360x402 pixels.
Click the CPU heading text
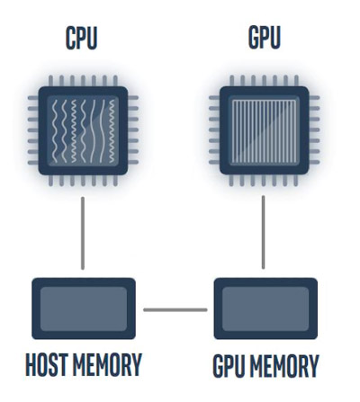[x=82, y=38]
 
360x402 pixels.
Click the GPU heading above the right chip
[x=265, y=38]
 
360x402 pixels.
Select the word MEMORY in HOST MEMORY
[x=107, y=364]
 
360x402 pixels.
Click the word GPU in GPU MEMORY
[x=228, y=366]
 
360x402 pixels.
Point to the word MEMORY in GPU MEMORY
[x=283, y=366]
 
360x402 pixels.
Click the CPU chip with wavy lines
[x=83, y=130]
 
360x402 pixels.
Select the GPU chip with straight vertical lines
[x=265, y=130]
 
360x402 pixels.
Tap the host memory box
[x=84, y=308]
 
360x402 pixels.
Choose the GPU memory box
[x=265, y=308]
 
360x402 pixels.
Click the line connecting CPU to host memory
[x=83, y=233]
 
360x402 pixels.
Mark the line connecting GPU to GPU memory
[x=264, y=232]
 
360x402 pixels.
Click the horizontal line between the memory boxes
[x=175, y=309]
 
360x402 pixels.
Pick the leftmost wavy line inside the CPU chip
[x=55, y=131]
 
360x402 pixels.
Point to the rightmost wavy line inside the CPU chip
[x=112, y=131]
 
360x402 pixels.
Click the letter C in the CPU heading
[x=70, y=38]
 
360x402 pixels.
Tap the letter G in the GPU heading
[x=254, y=38]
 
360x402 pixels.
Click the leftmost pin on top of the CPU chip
[x=50, y=81]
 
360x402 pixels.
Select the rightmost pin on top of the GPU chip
[x=296, y=81]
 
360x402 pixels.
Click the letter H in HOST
[x=31, y=364]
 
